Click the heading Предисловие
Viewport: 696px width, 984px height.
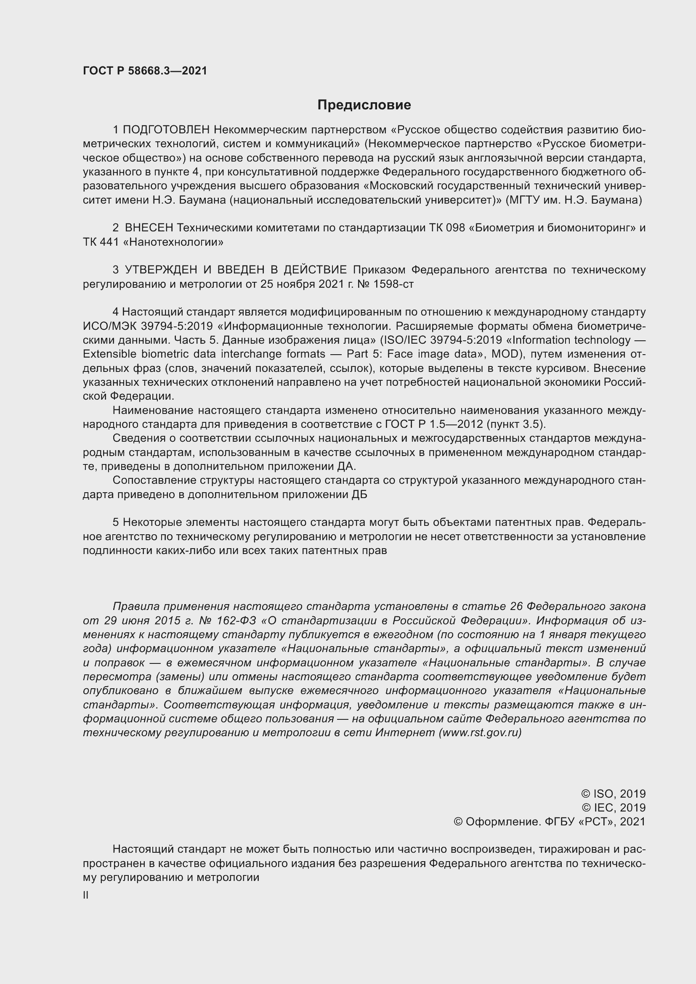364,105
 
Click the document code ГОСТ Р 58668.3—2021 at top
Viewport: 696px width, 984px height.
145,71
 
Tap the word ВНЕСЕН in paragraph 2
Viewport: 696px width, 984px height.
149,228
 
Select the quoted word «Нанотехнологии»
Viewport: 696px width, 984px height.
173,242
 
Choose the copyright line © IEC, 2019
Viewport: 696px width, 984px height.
613,807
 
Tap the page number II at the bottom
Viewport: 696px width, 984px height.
86,895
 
